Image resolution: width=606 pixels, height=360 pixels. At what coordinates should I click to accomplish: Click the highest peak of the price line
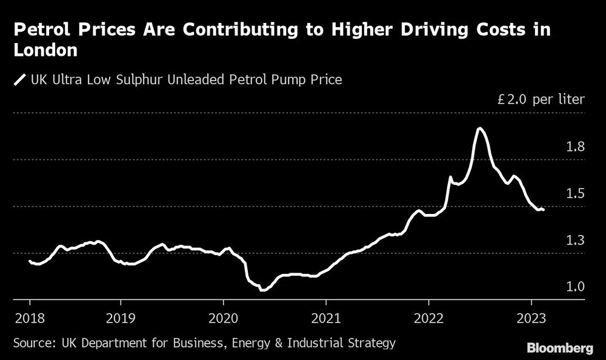[479, 128]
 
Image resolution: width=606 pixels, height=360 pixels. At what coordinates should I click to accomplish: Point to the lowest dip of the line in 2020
[262, 290]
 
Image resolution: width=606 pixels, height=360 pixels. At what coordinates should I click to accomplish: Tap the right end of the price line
[544, 210]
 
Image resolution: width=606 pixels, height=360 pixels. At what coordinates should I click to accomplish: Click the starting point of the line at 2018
[30, 261]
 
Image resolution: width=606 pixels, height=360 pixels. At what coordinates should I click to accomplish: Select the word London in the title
[45, 51]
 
